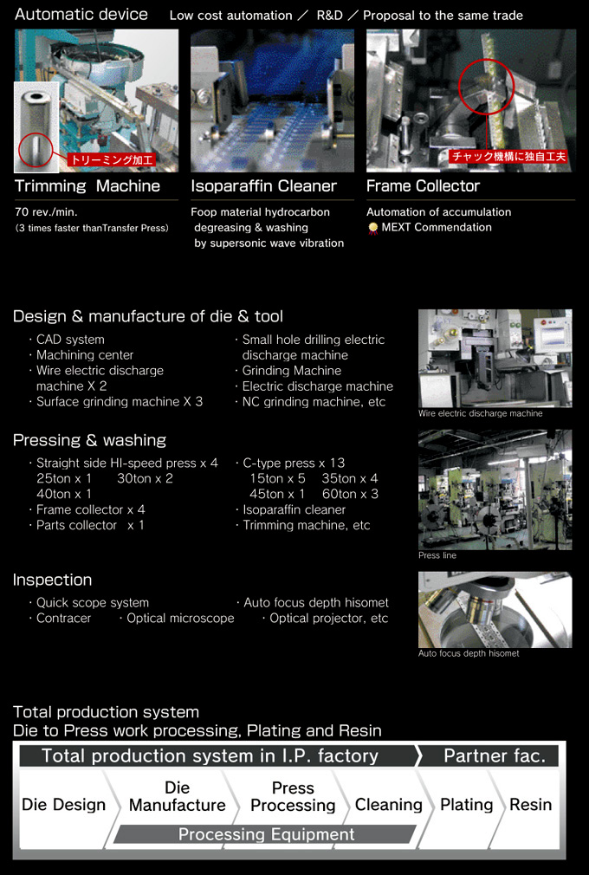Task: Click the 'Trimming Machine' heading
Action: click(x=87, y=186)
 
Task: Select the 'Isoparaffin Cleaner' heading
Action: click(x=263, y=186)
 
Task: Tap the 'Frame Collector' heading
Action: click(x=423, y=186)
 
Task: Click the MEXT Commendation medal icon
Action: click(x=372, y=228)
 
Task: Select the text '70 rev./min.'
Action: click(x=46, y=212)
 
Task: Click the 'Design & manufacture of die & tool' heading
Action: click(x=148, y=316)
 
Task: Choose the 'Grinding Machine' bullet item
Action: click(x=291, y=371)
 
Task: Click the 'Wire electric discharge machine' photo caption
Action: click(x=481, y=414)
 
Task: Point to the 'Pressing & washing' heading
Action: click(x=89, y=440)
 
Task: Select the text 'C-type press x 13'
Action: click(x=293, y=463)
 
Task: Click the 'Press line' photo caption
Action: click(x=437, y=555)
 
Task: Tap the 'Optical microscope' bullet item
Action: click(x=180, y=619)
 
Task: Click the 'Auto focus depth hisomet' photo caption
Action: click(x=469, y=653)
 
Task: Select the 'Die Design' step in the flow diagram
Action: click(x=63, y=805)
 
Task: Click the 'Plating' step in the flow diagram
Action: click(x=466, y=805)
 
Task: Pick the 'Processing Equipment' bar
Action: click(x=266, y=835)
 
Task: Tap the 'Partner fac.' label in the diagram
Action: click(x=494, y=755)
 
